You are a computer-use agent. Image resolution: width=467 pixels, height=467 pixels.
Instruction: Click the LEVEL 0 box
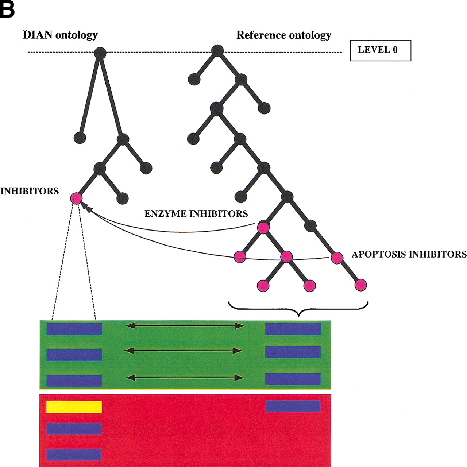pyautogui.click(x=380, y=50)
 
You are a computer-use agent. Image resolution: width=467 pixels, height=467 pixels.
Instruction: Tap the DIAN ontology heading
pyautogui.click(x=60, y=35)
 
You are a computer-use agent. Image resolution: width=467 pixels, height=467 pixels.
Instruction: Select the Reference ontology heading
pyautogui.click(x=283, y=35)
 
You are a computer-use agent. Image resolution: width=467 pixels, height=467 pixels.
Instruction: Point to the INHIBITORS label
pyautogui.click(x=30, y=191)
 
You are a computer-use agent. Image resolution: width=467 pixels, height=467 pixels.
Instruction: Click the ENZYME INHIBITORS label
pyautogui.click(x=196, y=213)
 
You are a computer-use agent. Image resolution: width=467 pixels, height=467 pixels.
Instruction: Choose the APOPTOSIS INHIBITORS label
pyautogui.click(x=409, y=254)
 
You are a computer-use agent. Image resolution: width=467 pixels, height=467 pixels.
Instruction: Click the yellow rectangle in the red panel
pyautogui.click(x=74, y=407)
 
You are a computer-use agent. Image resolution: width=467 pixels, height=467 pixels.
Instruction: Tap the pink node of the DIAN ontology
pyautogui.click(x=76, y=198)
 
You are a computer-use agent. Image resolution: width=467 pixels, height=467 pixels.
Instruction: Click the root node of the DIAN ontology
pyautogui.click(x=100, y=53)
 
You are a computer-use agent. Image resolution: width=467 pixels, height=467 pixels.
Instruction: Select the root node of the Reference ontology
pyautogui.click(x=217, y=51)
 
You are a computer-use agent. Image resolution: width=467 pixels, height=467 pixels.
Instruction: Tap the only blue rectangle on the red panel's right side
pyautogui.click(x=293, y=406)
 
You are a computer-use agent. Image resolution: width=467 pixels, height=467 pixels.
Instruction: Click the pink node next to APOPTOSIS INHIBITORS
pyautogui.click(x=337, y=258)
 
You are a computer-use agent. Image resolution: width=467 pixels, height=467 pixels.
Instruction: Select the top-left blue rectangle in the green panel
pyautogui.click(x=74, y=329)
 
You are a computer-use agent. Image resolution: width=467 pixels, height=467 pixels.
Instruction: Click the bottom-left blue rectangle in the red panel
pyautogui.click(x=74, y=455)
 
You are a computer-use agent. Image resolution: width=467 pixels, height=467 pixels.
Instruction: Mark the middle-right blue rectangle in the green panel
pyautogui.click(x=293, y=352)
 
